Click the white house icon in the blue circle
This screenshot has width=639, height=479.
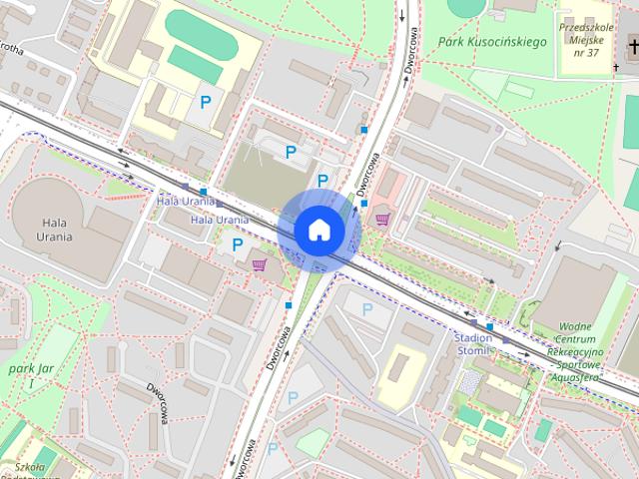point(319,231)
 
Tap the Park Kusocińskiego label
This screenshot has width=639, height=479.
point(490,42)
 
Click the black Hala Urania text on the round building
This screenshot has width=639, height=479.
point(56,230)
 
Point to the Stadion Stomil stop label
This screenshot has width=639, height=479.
point(474,344)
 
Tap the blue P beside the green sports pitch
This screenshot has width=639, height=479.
point(206,101)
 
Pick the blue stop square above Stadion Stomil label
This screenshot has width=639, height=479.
point(490,325)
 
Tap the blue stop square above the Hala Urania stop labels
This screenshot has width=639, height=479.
point(204,192)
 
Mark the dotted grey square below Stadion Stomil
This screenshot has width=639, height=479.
point(469,381)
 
